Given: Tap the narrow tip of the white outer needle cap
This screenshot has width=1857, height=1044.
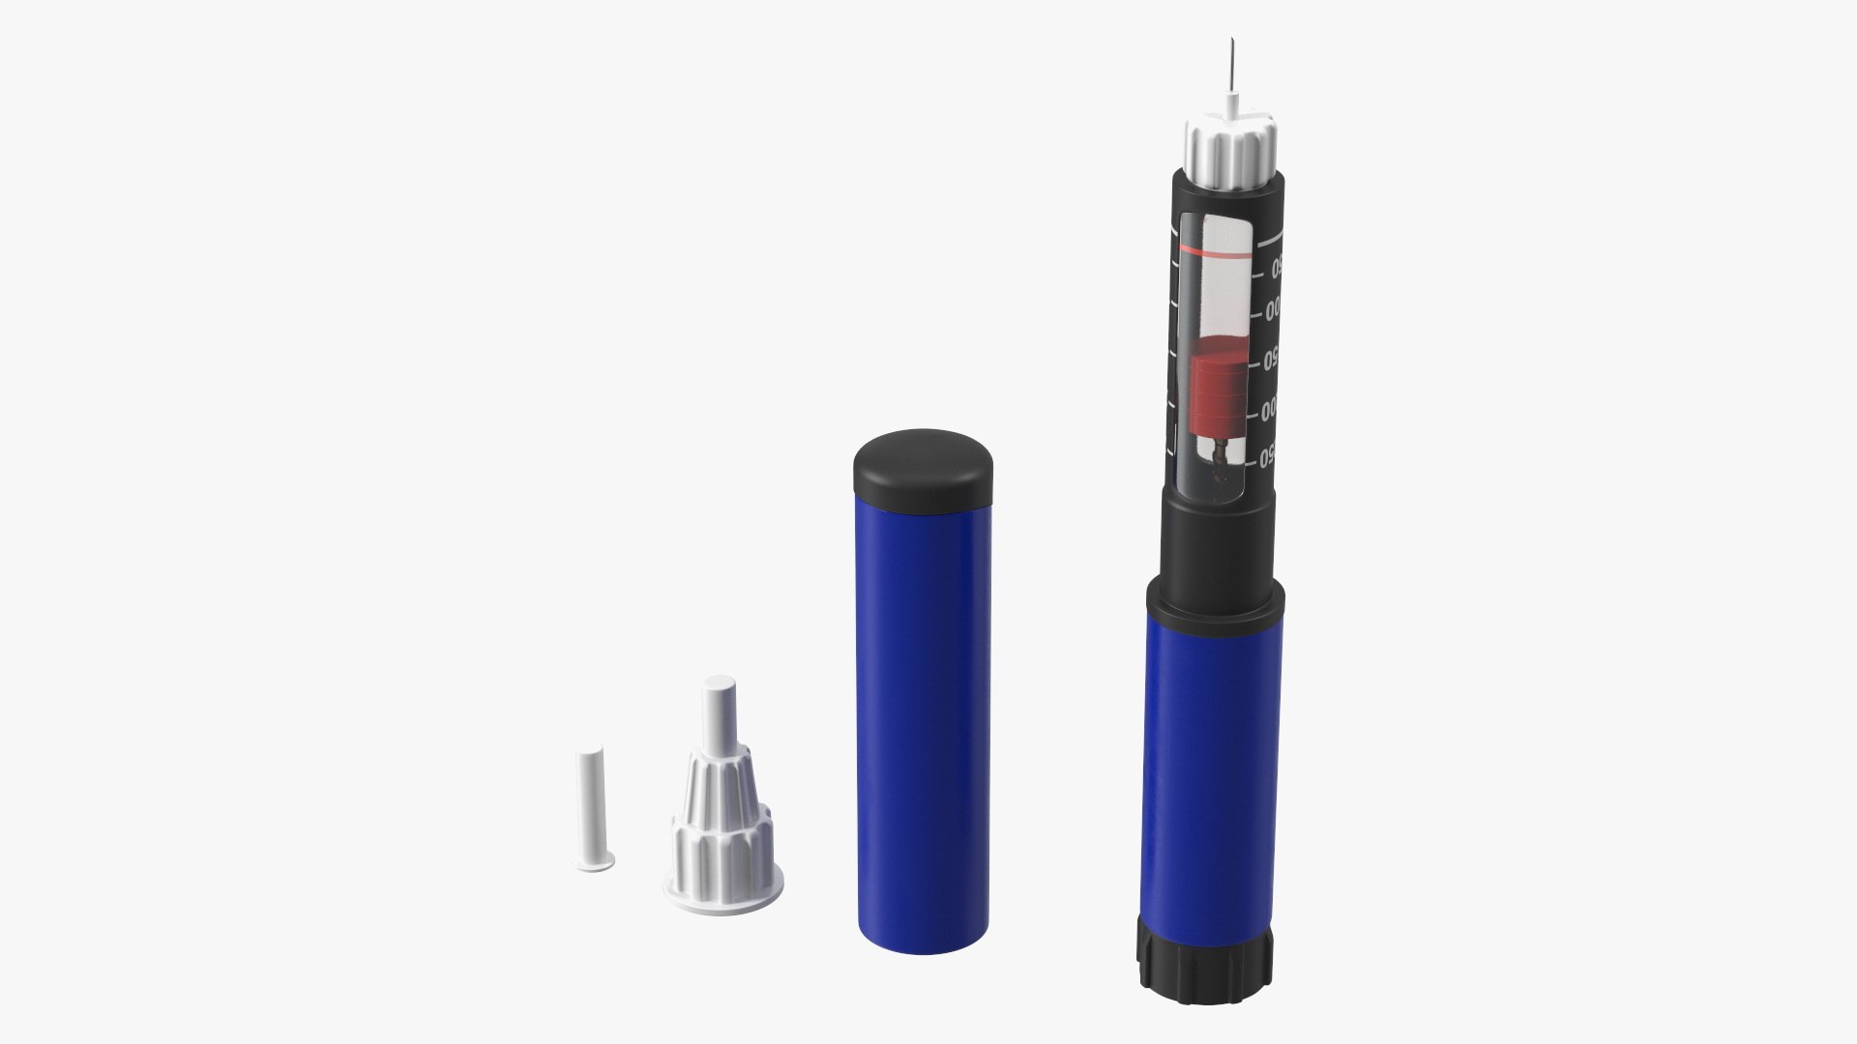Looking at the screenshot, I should pos(719,710).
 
